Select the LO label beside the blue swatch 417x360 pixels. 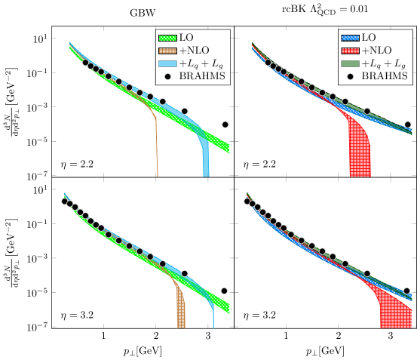coord(369,37)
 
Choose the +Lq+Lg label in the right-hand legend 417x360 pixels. coord(383,63)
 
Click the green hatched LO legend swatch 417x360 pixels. coord(167,37)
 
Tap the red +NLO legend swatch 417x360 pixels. coord(350,50)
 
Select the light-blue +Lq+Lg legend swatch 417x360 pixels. coord(167,63)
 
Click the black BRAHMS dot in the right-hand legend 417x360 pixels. coord(350,76)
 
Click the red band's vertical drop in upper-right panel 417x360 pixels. coord(359,151)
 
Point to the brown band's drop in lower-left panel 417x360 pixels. coord(181,309)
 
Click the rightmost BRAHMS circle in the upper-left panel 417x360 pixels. coord(225,125)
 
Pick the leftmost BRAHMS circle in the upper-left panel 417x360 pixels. coord(85,63)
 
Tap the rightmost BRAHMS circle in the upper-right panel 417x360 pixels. coord(408,125)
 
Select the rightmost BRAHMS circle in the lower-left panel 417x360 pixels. coord(224,291)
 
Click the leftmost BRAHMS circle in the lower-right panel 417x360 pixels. coord(247,201)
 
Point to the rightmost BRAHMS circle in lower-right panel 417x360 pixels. coord(407,291)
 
